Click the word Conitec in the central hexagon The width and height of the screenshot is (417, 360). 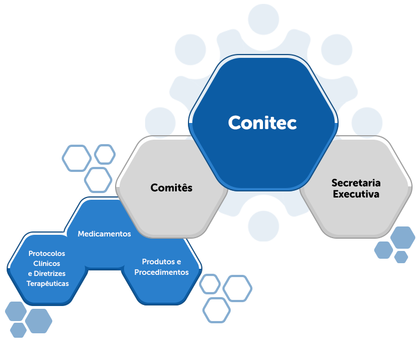[262, 122]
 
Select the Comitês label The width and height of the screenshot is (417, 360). [171, 188]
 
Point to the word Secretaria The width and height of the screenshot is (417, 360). [356, 183]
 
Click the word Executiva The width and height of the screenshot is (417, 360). [356, 194]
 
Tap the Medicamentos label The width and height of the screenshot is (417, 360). [105, 234]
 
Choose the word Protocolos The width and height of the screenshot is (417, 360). [47, 254]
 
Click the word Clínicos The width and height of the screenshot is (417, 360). [47, 264]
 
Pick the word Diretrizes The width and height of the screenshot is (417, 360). [51, 274]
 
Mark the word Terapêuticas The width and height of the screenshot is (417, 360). [48, 284]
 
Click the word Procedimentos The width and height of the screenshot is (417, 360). [161, 272]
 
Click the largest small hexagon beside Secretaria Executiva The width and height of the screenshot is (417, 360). [402, 238]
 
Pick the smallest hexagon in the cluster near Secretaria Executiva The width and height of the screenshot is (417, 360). [401, 257]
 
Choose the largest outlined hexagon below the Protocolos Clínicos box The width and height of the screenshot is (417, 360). [38, 320]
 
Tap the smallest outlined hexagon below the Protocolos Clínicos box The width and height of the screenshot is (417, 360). [18, 330]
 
